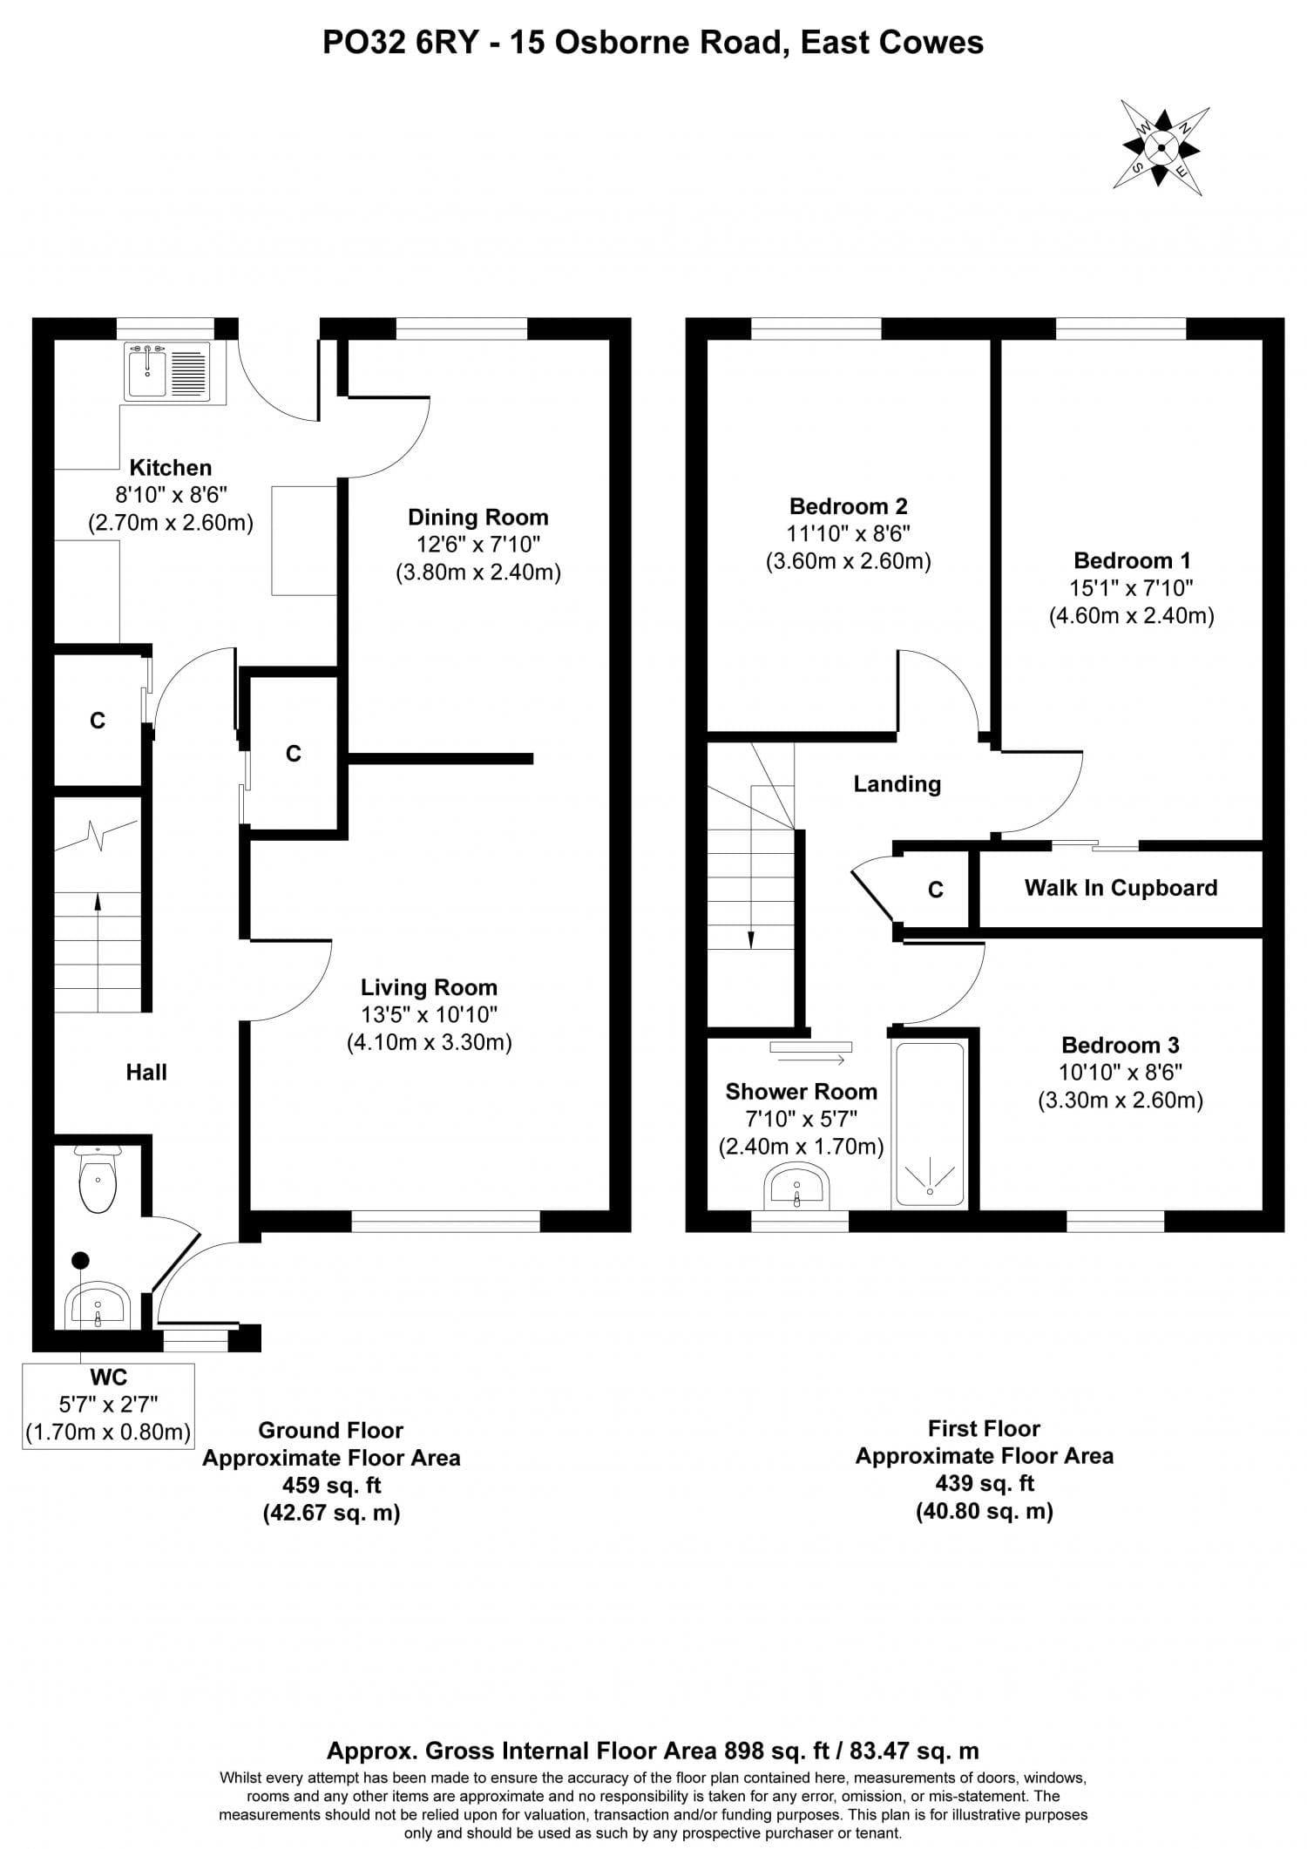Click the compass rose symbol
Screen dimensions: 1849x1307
(x=1161, y=148)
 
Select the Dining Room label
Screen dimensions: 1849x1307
(x=477, y=518)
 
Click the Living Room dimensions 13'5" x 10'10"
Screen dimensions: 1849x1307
(x=429, y=1014)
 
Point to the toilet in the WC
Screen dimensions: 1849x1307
(x=97, y=1181)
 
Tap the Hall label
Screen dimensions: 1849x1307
(x=146, y=1073)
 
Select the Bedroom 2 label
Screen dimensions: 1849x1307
(x=848, y=506)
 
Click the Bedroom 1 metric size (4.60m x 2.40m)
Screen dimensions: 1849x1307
(x=1131, y=616)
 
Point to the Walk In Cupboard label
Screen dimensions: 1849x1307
(x=1121, y=888)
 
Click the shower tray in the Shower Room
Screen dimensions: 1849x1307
(x=929, y=1124)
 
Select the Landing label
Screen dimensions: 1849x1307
(x=897, y=784)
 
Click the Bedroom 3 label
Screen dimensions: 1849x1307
(x=1120, y=1045)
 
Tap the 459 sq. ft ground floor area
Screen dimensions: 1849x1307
(x=331, y=1485)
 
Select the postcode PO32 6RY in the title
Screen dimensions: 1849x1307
(x=400, y=42)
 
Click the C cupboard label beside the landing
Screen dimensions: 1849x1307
(x=935, y=890)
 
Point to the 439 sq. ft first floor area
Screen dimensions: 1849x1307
(x=984, y=1483)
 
